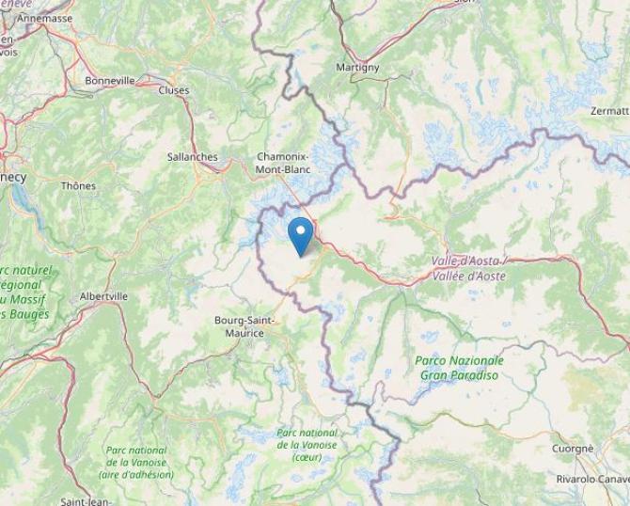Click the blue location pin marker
[x=300, y=235]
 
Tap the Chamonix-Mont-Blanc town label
[x=282, y=163]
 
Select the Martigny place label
[x=357, y=68]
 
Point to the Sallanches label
[x=192, y=157]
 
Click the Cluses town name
[x=174, y=90]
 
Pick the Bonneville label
[x=110, y=81]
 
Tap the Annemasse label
[x=45, y=18]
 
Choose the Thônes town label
[x=78, y=186]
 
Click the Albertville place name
[x=103, y=296]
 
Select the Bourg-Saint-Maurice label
[x=244, y=326]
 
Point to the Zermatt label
[x=609, y=111]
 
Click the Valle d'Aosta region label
[x=468, y=261]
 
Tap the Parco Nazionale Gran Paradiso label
[x=460, y=368]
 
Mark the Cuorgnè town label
[x=573, y=449]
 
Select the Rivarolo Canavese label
[x=591, y=479]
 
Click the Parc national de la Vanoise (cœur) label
[x=307, y=445]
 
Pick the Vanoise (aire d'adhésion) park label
[x=136, y=463]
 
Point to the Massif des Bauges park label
[x=24, y=293]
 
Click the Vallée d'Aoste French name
[x=469, y=277]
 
